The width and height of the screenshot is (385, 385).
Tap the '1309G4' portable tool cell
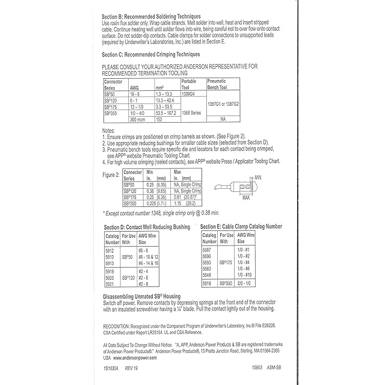click(x=189, y=94)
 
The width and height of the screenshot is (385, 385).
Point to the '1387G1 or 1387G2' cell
click(x=223, y=103)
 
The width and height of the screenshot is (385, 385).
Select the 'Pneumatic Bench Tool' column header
click(x=221, y=84)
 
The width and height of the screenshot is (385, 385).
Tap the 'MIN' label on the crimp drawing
click(x=258, y=177)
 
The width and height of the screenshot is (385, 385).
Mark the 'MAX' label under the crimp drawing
click(x=246, y=196)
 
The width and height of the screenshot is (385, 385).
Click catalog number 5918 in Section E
click(x=207, y=282)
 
